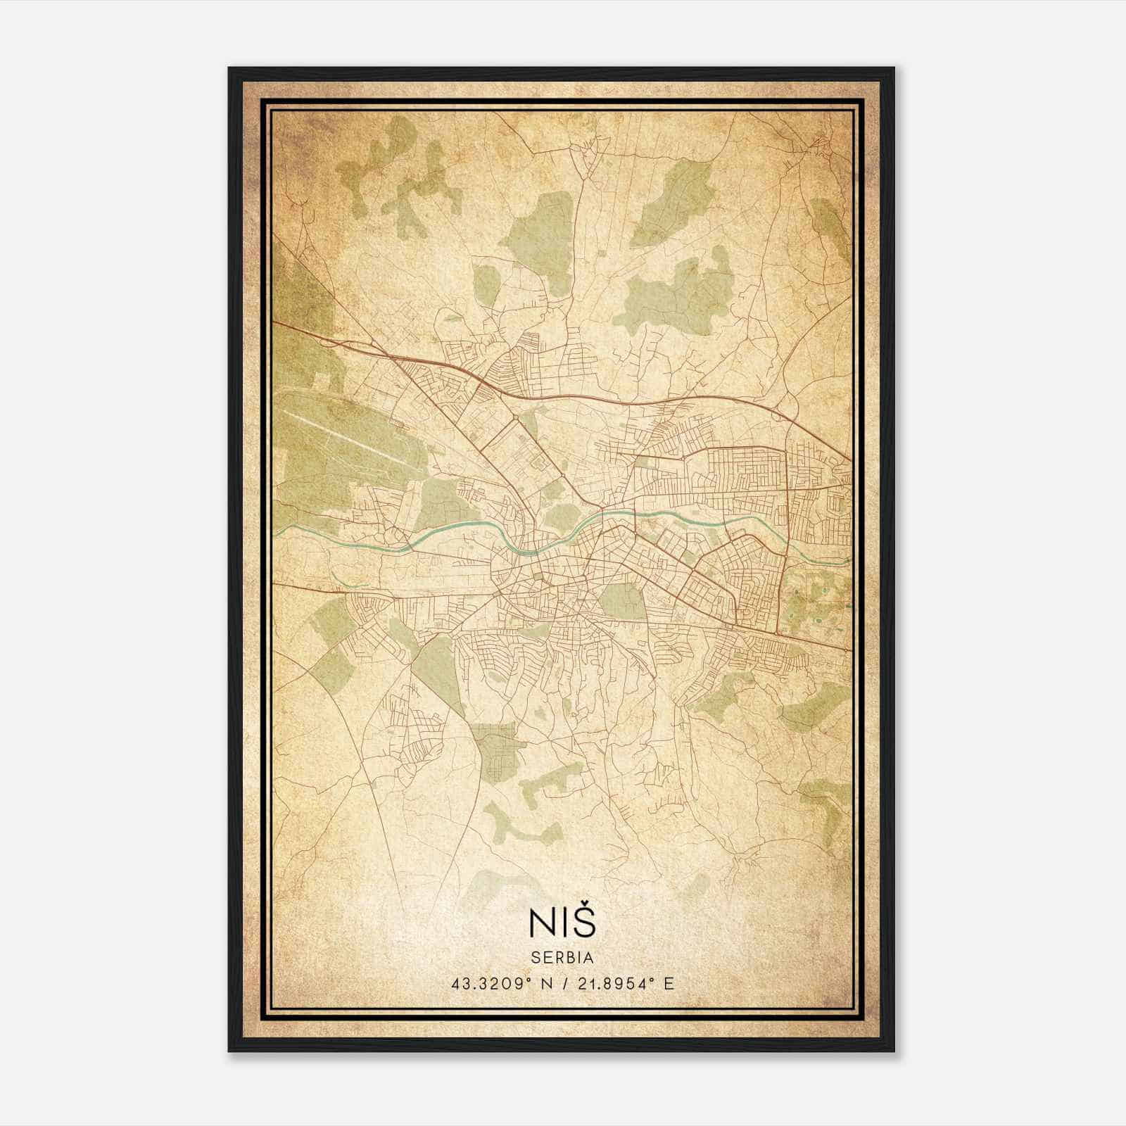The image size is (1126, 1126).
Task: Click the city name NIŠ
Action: [562, 923]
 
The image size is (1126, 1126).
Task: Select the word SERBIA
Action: [562, 958]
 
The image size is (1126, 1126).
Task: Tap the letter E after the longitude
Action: [669, 984]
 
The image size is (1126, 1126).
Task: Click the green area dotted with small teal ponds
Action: [816, 598]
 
